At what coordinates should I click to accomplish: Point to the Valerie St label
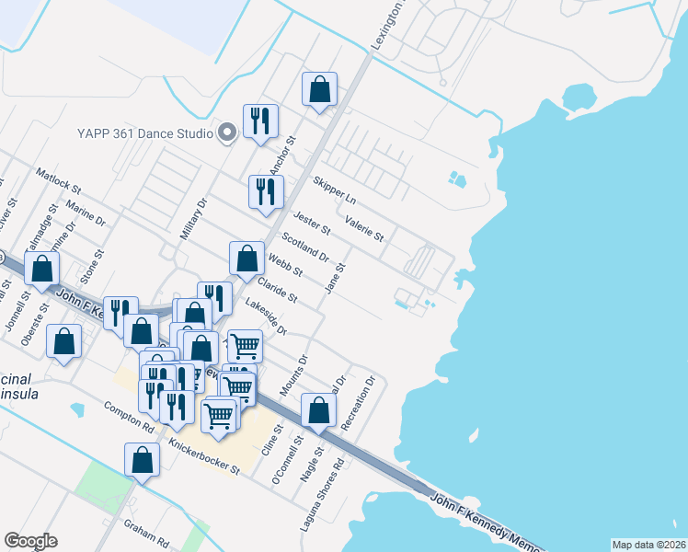364,229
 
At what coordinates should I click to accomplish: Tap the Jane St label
335,278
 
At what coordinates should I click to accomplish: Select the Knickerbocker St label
203,456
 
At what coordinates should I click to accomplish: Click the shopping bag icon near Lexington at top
320,90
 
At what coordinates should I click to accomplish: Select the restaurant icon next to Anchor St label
260,121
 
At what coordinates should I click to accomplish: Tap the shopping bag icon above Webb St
247,259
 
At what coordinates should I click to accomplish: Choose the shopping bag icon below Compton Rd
143,459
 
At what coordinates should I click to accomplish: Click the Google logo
30,541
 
